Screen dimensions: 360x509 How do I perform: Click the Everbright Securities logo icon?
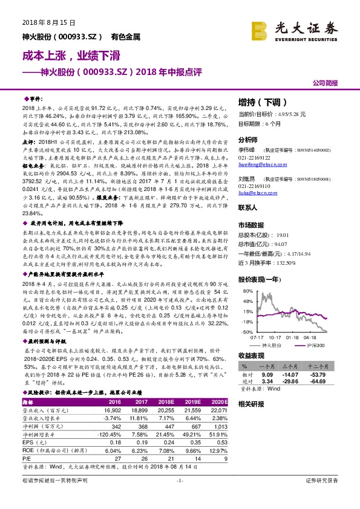tap(260, 30)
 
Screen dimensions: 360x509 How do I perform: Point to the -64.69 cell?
tap(319, 382)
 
